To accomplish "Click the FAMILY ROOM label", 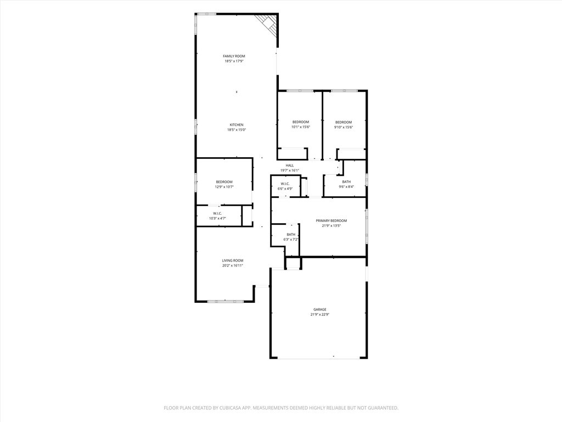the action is (234, 56).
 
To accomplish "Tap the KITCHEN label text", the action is (237, 125).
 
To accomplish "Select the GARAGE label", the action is (320, 309).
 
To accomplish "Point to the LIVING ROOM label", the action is (233, 260).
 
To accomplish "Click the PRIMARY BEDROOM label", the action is (331, 221).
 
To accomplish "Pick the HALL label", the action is (290, 165).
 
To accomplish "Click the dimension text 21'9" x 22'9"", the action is (320, 314).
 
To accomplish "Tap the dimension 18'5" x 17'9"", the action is (234, 61).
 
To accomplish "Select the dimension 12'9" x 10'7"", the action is (224, 187).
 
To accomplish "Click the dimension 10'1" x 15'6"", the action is (300, 127).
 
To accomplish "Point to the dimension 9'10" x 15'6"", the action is (344, 127).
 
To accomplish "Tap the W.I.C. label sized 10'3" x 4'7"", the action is (217, 214).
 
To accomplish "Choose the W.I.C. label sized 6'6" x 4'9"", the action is (285, 184).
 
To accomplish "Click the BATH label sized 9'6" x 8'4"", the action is (346, 182).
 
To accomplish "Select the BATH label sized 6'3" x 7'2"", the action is (291, 235).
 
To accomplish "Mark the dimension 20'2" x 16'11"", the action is (233, 265).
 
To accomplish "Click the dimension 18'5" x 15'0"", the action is (237, 130).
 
